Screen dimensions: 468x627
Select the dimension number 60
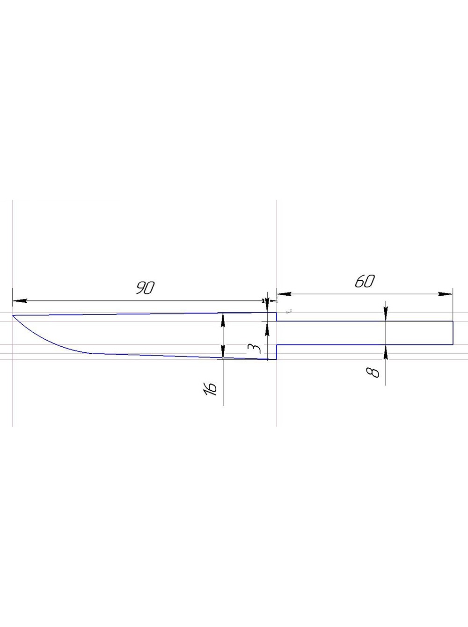click(x=364, y=282)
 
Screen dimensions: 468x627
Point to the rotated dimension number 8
click(x=373, y=372)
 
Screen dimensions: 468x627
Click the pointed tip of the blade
click(x=13, y=315)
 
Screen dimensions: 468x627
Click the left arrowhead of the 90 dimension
click(x=20, y=301)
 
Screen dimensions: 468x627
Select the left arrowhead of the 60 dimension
click(x=284, y=294)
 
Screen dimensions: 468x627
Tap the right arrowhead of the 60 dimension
click(x=446, y=294)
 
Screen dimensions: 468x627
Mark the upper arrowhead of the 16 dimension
click(x=223, y=320)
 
